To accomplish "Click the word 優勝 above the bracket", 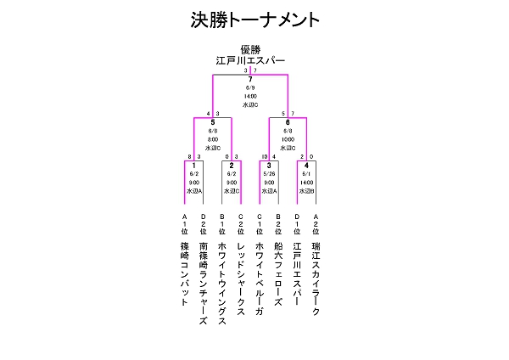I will point(249,50).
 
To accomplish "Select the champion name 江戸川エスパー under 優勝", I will point(249,61).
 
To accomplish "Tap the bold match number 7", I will point(250,79).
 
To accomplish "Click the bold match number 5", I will point(213,122).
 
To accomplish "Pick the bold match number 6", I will point(288,122).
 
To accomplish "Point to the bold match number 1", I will point(194,165).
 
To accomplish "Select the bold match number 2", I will point(232,165).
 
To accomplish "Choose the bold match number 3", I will point(269,165).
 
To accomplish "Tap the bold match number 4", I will point(306,165).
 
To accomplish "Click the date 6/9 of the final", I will point(250,87).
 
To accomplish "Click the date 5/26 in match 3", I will point(269,173).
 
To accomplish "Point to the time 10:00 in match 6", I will point(288,139).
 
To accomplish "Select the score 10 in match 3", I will point(264,156).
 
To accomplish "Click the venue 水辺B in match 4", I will point(306,191).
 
